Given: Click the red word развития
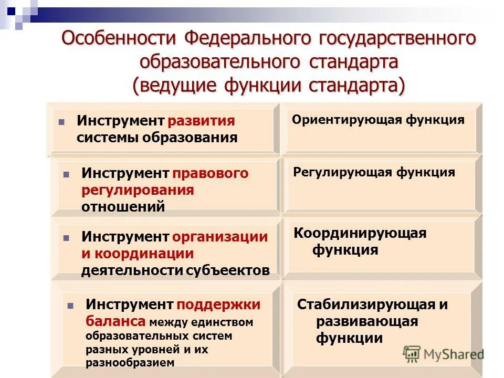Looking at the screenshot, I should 201,121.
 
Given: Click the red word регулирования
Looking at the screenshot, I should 138,190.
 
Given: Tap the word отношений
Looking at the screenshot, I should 123,206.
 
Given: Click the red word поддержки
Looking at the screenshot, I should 218,304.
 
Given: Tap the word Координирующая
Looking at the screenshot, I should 360,233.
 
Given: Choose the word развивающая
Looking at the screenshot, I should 367,321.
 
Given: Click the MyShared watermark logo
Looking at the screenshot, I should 444,353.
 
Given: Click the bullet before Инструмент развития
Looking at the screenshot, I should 61,122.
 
